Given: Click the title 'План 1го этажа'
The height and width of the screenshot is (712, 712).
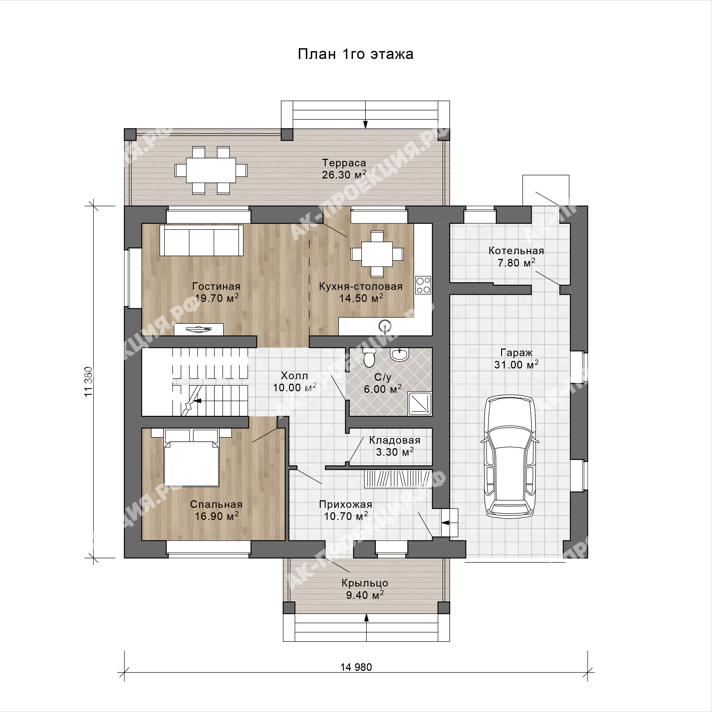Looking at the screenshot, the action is point(355,54).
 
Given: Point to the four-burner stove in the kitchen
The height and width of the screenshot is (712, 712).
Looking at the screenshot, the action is point(423,285).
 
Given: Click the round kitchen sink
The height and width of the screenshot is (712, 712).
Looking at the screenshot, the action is point(385,326).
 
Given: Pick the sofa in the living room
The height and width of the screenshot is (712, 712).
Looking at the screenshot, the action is point(201,240).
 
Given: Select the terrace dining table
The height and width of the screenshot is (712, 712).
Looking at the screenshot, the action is point(211,170).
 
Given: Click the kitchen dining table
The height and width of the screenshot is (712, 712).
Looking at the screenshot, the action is point(377,254).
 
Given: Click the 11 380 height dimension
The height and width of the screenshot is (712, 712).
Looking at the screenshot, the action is point(89,382).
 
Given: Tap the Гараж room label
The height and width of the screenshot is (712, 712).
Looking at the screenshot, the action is point(516,353).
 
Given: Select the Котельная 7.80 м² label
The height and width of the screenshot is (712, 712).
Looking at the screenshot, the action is point(516,257).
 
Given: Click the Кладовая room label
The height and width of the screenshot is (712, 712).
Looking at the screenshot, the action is point(395,440).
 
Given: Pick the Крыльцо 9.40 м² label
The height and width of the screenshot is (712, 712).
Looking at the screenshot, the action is point(365,589).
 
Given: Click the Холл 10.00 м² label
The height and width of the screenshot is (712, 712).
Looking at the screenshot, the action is point(295,382).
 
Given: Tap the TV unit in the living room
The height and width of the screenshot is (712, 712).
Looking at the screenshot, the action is point(199,329).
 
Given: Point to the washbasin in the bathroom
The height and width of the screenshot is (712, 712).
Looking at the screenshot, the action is point(399,355).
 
